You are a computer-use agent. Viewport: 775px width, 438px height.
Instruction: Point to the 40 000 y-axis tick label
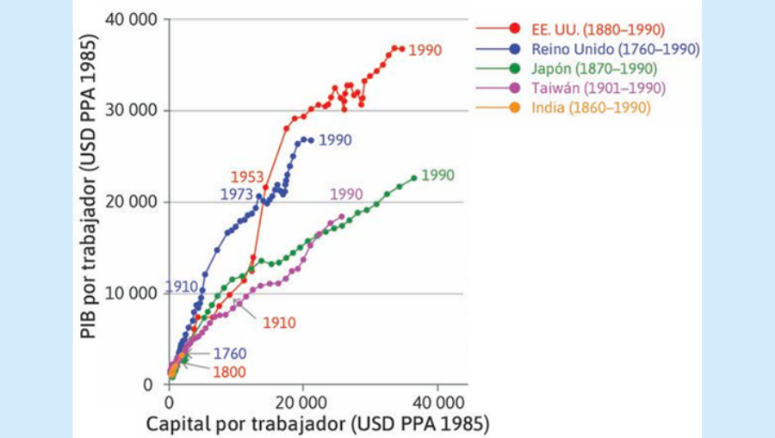coord(128,19)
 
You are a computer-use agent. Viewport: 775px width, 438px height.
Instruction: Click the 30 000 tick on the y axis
coord(128,110)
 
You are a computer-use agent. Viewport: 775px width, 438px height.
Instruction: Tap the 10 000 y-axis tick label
coord(128,293)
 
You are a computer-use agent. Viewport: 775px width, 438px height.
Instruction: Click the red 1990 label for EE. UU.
coord(425,50)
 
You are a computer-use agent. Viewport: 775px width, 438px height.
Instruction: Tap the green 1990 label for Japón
coord(437,176)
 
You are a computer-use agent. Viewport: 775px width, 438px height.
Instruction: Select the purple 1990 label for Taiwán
coord(347,195)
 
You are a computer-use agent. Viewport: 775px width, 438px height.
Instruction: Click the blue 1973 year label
coord(236,195)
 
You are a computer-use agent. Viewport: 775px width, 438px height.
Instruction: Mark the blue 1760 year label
coord(229,354)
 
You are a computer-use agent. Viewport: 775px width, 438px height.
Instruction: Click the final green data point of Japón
coord(414,178)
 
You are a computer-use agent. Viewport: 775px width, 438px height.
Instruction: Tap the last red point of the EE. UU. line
coord(401,49)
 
